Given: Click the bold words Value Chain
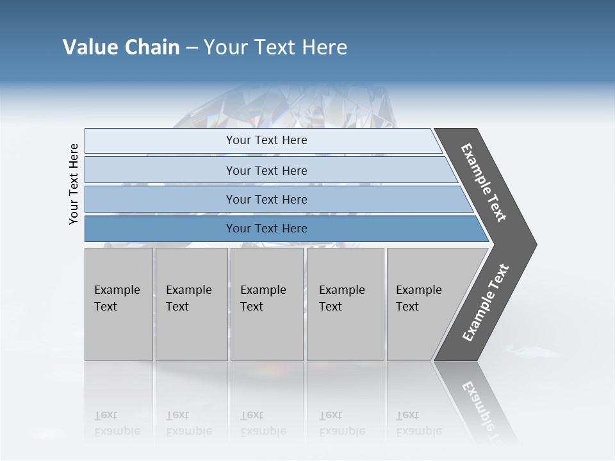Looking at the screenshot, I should pos(121,47).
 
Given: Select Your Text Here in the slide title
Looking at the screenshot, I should pos(275,47).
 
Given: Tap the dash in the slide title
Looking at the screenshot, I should pos(191,48).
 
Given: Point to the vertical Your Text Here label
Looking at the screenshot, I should pos(74,184).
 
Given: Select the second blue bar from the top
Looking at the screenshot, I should pos(266,170).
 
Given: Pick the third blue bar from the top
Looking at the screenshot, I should pos(266,199).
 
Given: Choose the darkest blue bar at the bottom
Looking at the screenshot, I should pos(266,229).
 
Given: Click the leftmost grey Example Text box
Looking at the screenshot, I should pos(119,304).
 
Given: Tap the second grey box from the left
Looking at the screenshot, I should pos(191,304).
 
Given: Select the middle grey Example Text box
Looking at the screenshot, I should pos(266,304).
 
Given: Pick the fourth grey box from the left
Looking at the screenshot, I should pos(345,304).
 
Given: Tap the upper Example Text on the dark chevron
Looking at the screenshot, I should pos(484,182).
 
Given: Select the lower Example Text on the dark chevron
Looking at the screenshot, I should pos(485,303).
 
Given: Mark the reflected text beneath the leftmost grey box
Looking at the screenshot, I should pos(117,423).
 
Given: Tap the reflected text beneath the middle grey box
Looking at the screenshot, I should pos(263,423).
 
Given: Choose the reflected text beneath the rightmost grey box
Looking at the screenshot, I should pos(419,423).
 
